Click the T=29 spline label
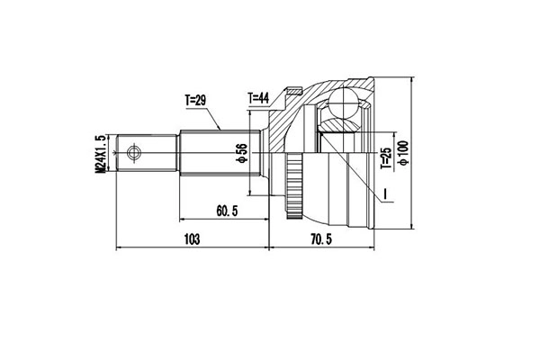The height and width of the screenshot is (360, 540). [195, 101]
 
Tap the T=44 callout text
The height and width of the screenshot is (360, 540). [258, 99]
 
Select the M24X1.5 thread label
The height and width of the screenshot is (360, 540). [100, 154]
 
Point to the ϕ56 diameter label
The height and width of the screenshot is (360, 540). [241, 153]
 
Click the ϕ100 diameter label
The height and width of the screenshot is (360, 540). [403, 153]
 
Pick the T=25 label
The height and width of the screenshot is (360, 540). [386, 158]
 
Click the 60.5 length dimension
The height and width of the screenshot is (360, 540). [227, 211]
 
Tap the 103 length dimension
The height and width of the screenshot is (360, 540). [193, 238]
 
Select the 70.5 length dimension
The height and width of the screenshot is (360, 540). [321, 238]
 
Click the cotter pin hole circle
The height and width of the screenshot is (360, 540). [133, 153]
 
